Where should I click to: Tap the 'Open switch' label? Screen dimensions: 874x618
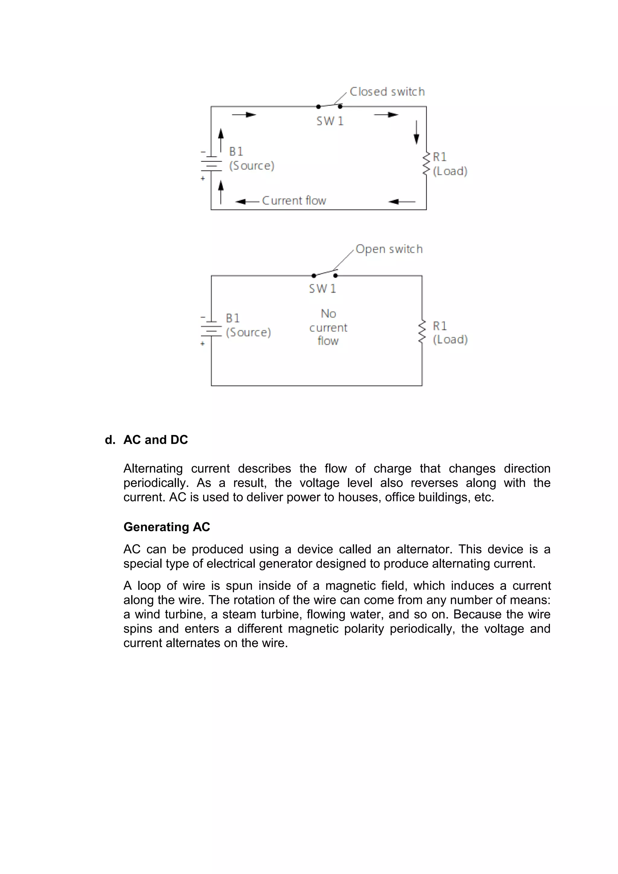(389, 249)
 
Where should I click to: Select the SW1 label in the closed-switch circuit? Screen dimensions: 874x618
(330, 121)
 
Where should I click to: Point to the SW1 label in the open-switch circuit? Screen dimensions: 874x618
(322, 289)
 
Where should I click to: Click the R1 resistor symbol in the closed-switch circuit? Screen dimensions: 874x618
(426, 164)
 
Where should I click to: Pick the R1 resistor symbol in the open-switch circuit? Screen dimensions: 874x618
(422, 331)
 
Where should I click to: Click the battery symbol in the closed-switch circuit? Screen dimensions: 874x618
(211, 163)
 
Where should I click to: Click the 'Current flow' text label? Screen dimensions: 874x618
(294, 200)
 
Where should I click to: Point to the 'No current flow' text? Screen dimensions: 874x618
(328, 327)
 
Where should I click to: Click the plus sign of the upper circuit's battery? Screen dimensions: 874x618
(203, 178)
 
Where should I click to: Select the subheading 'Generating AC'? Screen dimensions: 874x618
(167, 527)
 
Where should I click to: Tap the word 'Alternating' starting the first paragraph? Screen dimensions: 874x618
(153, 469)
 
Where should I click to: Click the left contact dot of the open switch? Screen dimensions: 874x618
(314, 276)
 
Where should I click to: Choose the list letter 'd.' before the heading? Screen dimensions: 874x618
(110, 440)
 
